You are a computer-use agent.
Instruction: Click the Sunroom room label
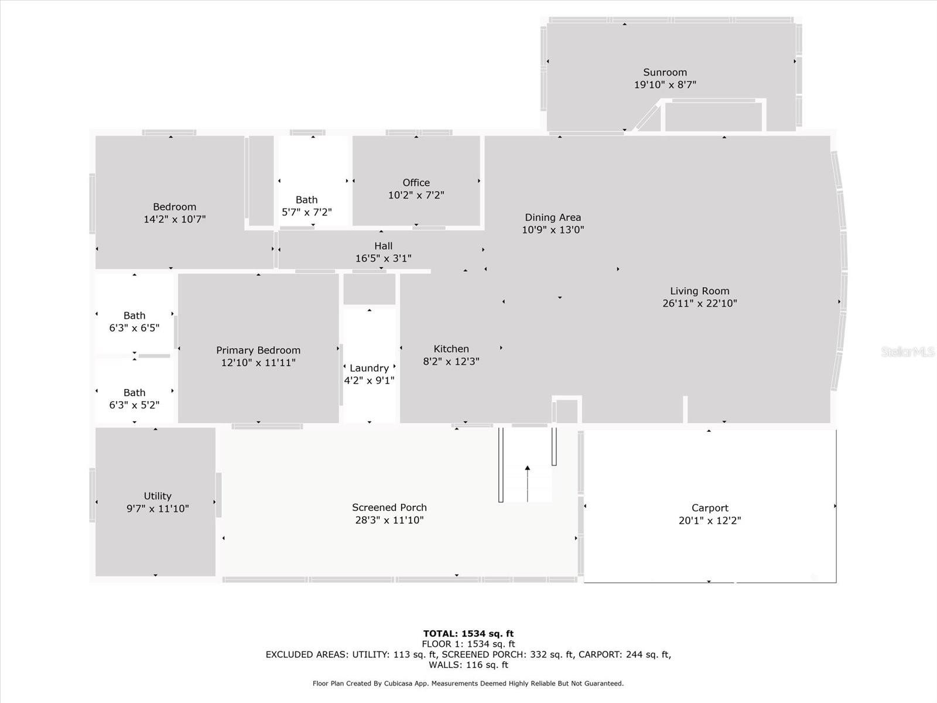(x=665, y=73)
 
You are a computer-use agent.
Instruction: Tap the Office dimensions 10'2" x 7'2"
(x=416, y=195)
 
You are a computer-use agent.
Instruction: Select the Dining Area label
(x=553, y=218)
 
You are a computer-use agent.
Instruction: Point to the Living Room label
(x=700, y=291)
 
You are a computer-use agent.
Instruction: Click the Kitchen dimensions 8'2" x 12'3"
(x=451, y=361)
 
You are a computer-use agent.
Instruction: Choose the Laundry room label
(x=370, y=368)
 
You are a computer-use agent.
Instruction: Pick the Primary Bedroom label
(x=258, y=350)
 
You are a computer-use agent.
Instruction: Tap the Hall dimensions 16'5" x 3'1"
(x=384, y=258)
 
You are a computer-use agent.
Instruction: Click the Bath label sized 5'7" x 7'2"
(x=306, y=200)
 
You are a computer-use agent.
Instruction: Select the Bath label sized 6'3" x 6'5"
(x=135, y=315)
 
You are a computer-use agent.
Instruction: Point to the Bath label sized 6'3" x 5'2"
(x=135, y=393)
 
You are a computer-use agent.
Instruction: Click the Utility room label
(x=158, y=496)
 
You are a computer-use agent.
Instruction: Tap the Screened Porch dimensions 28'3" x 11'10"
(x=389, y=520)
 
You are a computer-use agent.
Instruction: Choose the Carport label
(x=710, y=509)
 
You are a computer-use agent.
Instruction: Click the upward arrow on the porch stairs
(x=528, y=483)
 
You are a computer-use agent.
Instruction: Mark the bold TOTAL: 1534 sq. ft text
(x=468, y=634)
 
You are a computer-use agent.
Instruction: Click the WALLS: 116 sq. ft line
(x=468, y=665)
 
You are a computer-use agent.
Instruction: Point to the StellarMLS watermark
(x=908, y=351)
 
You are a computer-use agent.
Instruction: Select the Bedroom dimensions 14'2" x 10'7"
(x=175, y=219)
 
